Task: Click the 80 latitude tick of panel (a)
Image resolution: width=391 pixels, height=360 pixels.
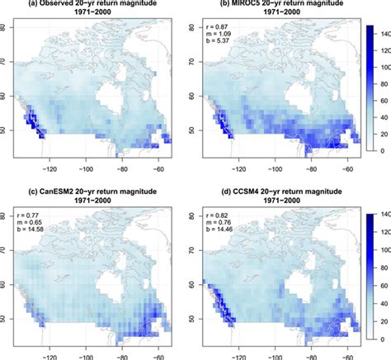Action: click(x=9, y=27)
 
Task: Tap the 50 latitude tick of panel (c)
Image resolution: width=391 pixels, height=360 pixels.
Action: click(x=9, y=318)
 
